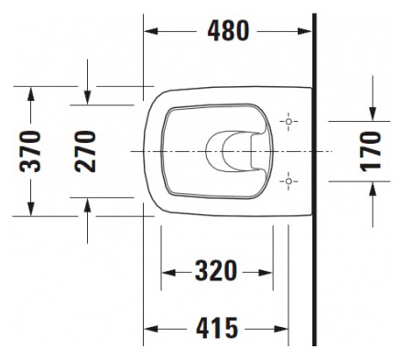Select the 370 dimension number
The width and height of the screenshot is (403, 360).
point(30,152)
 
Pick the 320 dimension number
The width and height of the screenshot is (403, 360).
point(217,272)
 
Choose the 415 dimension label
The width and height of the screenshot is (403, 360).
point(217,327)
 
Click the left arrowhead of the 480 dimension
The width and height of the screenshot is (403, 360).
point(152,30)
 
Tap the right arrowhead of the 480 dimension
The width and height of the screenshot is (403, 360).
point(307,30)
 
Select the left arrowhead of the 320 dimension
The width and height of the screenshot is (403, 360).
point(168,272)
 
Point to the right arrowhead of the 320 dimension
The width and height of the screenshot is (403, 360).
point(267,272)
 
